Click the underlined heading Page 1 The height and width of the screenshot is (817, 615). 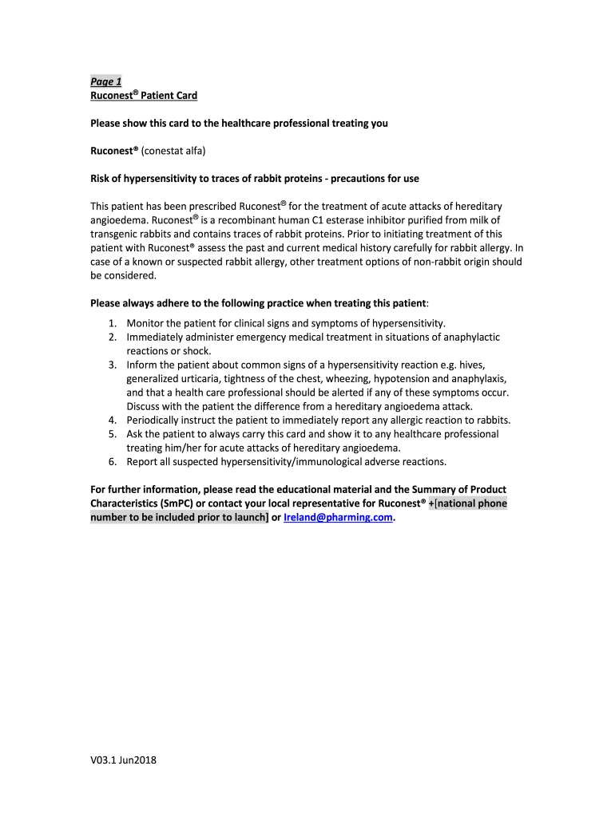105,81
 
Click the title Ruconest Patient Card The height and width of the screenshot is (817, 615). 144,96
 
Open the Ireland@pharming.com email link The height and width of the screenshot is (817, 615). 339,517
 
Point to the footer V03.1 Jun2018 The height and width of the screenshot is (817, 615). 123,760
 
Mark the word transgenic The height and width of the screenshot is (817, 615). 117,233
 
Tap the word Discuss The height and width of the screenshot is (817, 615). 145,406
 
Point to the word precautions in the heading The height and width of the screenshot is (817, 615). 323,177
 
